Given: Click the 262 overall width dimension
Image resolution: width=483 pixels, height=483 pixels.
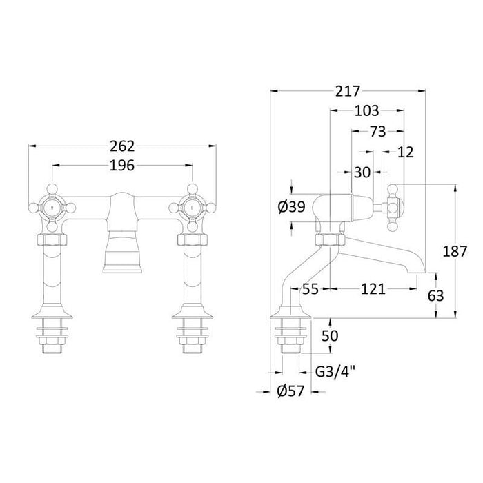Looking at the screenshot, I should coord(121,146).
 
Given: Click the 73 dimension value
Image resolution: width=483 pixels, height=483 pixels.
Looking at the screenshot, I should coord(377,131).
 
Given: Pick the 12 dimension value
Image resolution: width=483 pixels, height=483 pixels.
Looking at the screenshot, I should coord(406,152).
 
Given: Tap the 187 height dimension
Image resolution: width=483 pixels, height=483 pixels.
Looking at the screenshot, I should coord(469,251).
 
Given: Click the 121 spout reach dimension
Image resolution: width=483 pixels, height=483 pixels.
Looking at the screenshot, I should coord(373,290).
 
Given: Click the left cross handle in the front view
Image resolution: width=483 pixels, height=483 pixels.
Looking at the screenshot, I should coord(52,206).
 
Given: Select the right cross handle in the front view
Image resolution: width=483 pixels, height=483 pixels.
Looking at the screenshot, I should coord(190,206).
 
